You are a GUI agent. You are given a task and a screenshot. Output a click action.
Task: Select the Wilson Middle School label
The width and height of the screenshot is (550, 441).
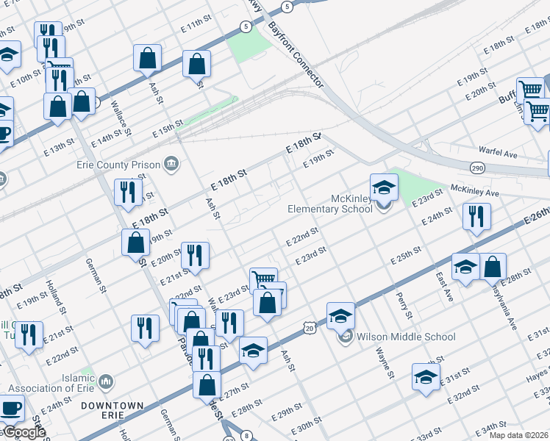coord(406,337)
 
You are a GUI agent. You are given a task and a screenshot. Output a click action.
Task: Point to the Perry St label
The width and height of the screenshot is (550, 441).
coord(404,304)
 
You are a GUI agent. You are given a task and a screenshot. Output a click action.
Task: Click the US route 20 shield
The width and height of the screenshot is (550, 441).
coord(309,325)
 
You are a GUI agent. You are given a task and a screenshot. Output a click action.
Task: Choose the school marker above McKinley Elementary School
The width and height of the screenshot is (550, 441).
coord(384,187)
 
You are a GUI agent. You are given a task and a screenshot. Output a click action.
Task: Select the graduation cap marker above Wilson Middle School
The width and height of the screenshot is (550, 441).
coord(341,315)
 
